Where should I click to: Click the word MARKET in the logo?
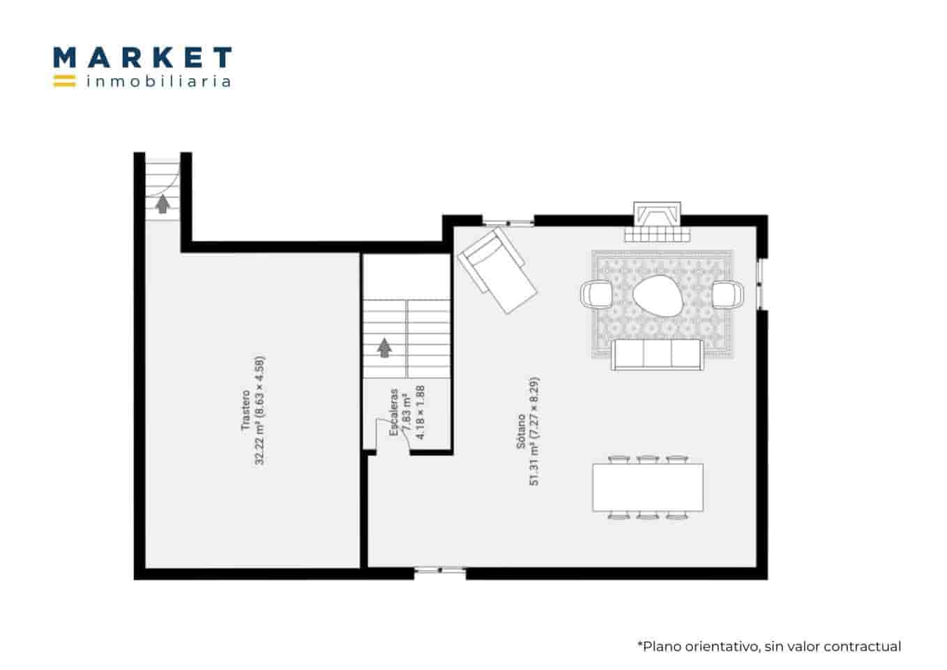click(142, 57)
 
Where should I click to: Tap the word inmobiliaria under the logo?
click(158, 82)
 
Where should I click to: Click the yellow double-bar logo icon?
click(64, 81)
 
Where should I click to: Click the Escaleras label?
click(394, 412)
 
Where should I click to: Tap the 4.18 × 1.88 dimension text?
click(421, 412)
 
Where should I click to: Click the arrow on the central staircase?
click(384, 346)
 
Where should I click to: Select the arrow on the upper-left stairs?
click(162, 204)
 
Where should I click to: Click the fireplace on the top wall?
click(656, 221)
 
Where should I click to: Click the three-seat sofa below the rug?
click(658, 354)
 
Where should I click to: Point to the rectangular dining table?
click(648, 487)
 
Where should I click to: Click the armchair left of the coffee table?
click(597, 293)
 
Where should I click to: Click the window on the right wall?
click(762, 285)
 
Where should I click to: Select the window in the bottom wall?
click(440, 572)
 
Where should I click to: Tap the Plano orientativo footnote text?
click(768, 646)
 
